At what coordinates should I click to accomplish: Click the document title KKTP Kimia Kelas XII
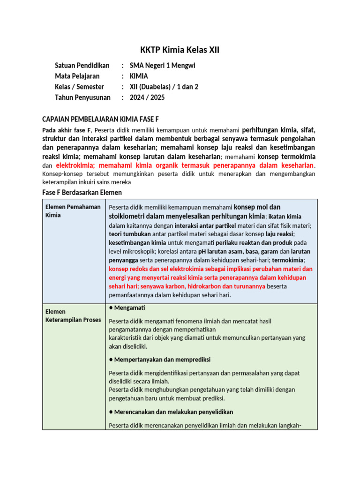point(180,50)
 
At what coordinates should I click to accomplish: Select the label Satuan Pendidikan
point(82,66)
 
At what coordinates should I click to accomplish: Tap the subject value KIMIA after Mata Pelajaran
point(139,76)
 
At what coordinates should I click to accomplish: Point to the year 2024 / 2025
point(147,97)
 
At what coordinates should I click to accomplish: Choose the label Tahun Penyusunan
point(82,97)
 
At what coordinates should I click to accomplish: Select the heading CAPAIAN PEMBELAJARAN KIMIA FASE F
point(104,120)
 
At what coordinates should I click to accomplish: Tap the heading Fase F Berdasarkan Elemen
point(82,192)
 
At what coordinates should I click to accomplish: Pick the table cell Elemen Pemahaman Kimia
point(72,211)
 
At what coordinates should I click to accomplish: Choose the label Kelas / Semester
point(79,87)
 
